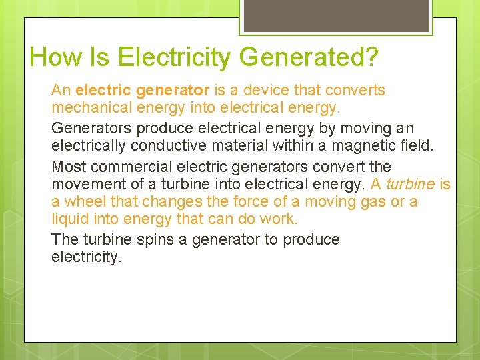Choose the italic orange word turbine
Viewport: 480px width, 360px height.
410,183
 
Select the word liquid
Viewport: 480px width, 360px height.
70,219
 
